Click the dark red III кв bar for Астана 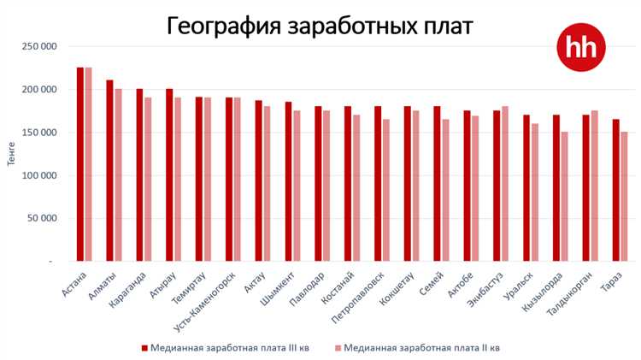(x=80, y=163)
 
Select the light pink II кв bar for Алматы (x=118, y=174)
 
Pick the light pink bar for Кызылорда (x=564, y=196)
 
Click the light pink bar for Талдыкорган (x=594, y=186)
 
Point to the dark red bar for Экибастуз (x=497, y=186)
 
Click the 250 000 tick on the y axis (x=40, y=45)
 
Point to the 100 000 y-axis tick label (x=40, y=175)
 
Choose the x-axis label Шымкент (x=278, y=288)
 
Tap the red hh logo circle (x=580, y=47)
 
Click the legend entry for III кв (x=221, y=348)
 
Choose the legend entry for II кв (x=415, y=348)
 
